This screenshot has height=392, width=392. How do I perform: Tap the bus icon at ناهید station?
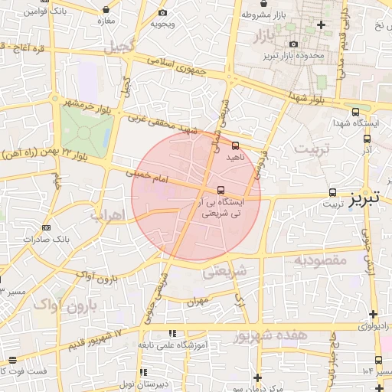point(235,145)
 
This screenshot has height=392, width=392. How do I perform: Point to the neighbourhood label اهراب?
point(107,216)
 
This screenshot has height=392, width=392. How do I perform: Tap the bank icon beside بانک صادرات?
point(47,227)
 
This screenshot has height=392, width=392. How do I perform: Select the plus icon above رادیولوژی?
point(373,314)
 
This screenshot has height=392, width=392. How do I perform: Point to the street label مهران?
point(197,301)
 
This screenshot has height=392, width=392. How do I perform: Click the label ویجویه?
point(162,24)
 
